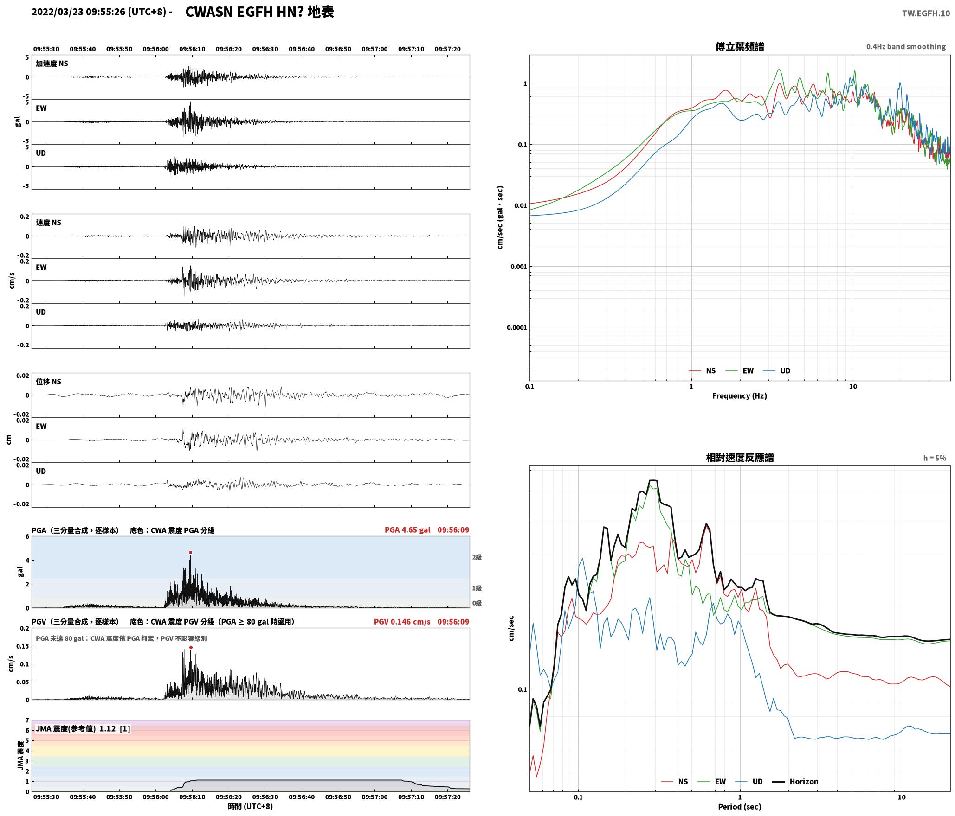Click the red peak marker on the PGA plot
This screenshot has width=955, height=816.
pos(190,553)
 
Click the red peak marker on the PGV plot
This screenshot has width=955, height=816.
pos(191,648)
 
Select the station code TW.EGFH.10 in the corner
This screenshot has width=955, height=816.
pos(926,13)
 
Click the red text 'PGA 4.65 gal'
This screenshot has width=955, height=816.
pos(407,530)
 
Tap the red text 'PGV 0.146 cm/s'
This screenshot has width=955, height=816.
pos(402,622)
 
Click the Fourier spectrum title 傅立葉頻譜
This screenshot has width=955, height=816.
pos(740,47)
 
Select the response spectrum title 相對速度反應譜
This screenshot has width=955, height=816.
pos(740,458)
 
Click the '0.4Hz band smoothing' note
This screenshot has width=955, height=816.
pos(906,47)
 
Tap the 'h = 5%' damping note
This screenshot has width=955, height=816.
pos(935,458)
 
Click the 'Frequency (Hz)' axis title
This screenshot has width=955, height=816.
pos(740,396)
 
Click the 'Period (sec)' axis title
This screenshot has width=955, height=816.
pos(740,807)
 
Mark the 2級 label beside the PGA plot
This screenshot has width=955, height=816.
pos(477,557)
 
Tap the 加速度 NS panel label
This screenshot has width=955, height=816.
pos(52,64)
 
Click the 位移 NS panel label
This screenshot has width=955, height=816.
pos(48,382)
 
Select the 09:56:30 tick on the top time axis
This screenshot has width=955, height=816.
pos(265,49)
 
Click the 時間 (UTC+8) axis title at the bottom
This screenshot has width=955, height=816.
pos(251,806)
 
